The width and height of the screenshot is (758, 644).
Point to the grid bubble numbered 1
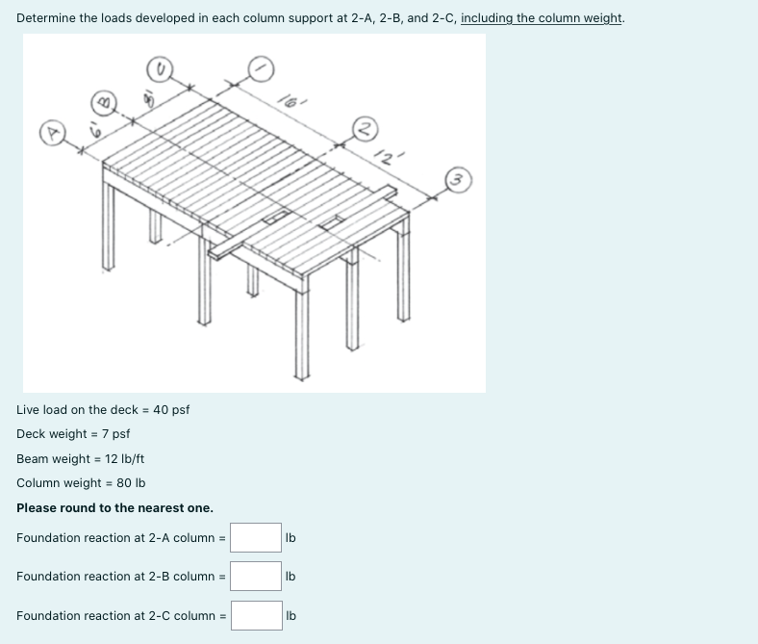pos(262,67)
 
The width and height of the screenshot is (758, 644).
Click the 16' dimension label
pos(290,97)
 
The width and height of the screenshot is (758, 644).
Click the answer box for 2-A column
pos(256,537)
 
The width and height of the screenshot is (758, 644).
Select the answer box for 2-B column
pos(256,576)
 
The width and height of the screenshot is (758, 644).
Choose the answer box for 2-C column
pos(256,615)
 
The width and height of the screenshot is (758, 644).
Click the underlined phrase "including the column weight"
pos(542,18)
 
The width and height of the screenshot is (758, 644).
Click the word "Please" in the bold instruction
pos(37,507)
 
